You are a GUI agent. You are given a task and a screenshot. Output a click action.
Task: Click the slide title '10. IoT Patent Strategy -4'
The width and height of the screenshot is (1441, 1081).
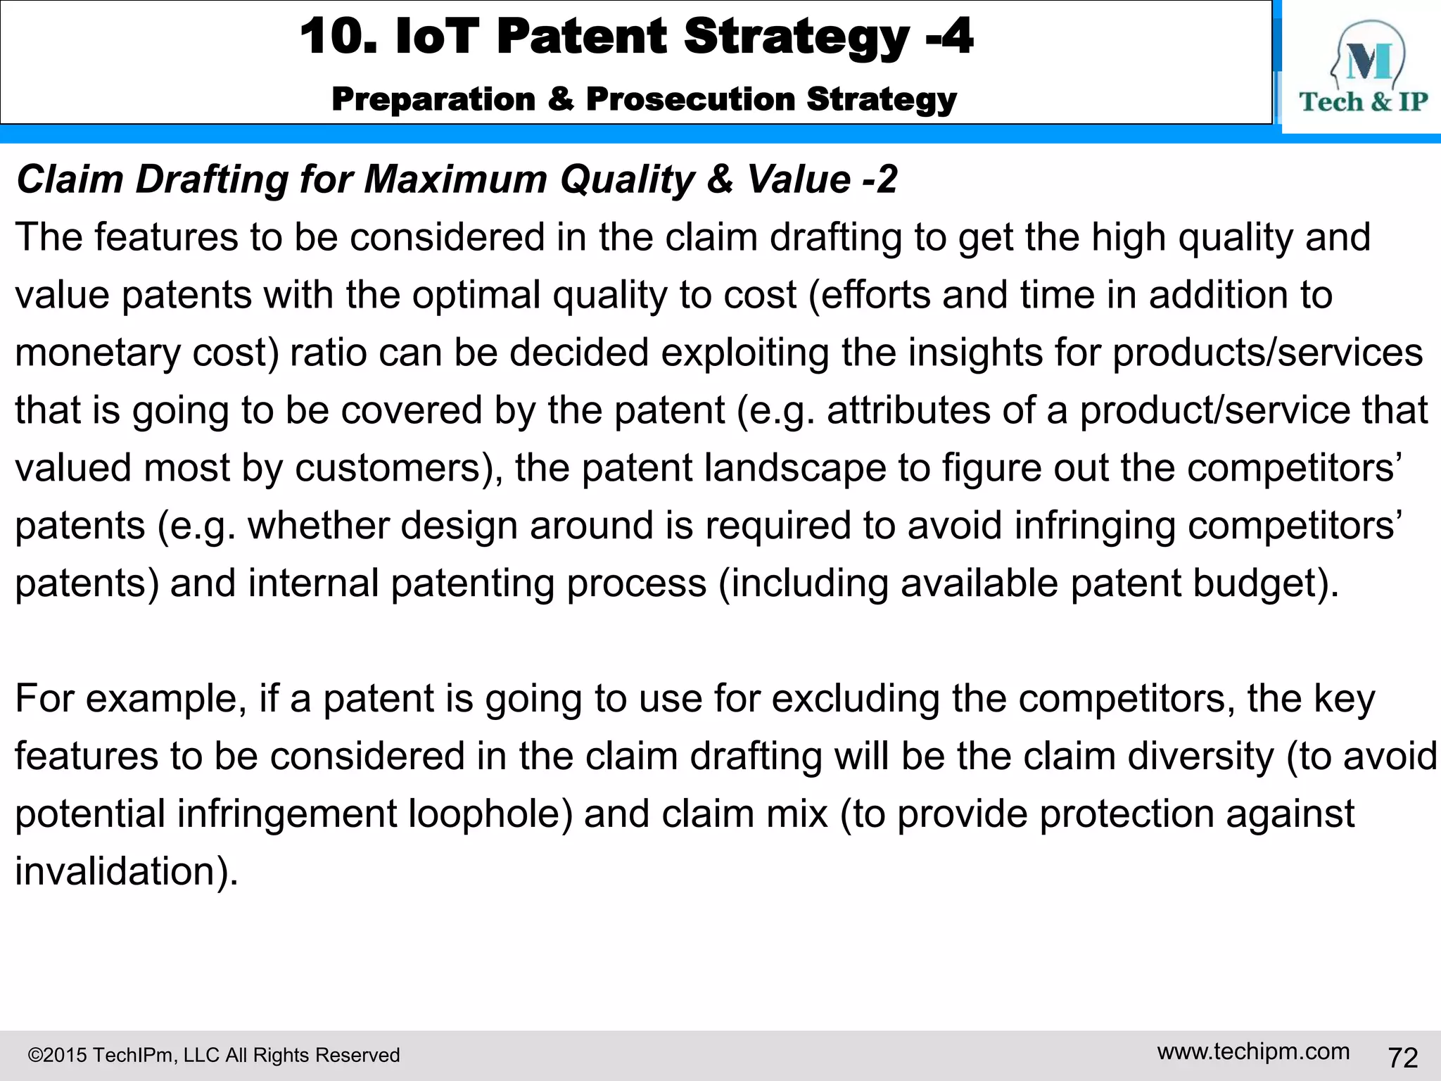click(637, 37)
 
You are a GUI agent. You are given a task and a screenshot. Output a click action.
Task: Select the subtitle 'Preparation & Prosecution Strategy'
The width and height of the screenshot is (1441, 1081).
click(644, 99)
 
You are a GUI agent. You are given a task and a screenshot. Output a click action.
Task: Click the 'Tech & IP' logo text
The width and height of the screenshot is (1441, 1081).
click(1363, 102)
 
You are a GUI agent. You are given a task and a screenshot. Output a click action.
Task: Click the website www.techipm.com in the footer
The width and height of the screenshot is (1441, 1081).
click(1253, 1051)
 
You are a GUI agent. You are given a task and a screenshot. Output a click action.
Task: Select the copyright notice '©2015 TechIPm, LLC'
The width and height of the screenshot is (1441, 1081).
click(213, 1055)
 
